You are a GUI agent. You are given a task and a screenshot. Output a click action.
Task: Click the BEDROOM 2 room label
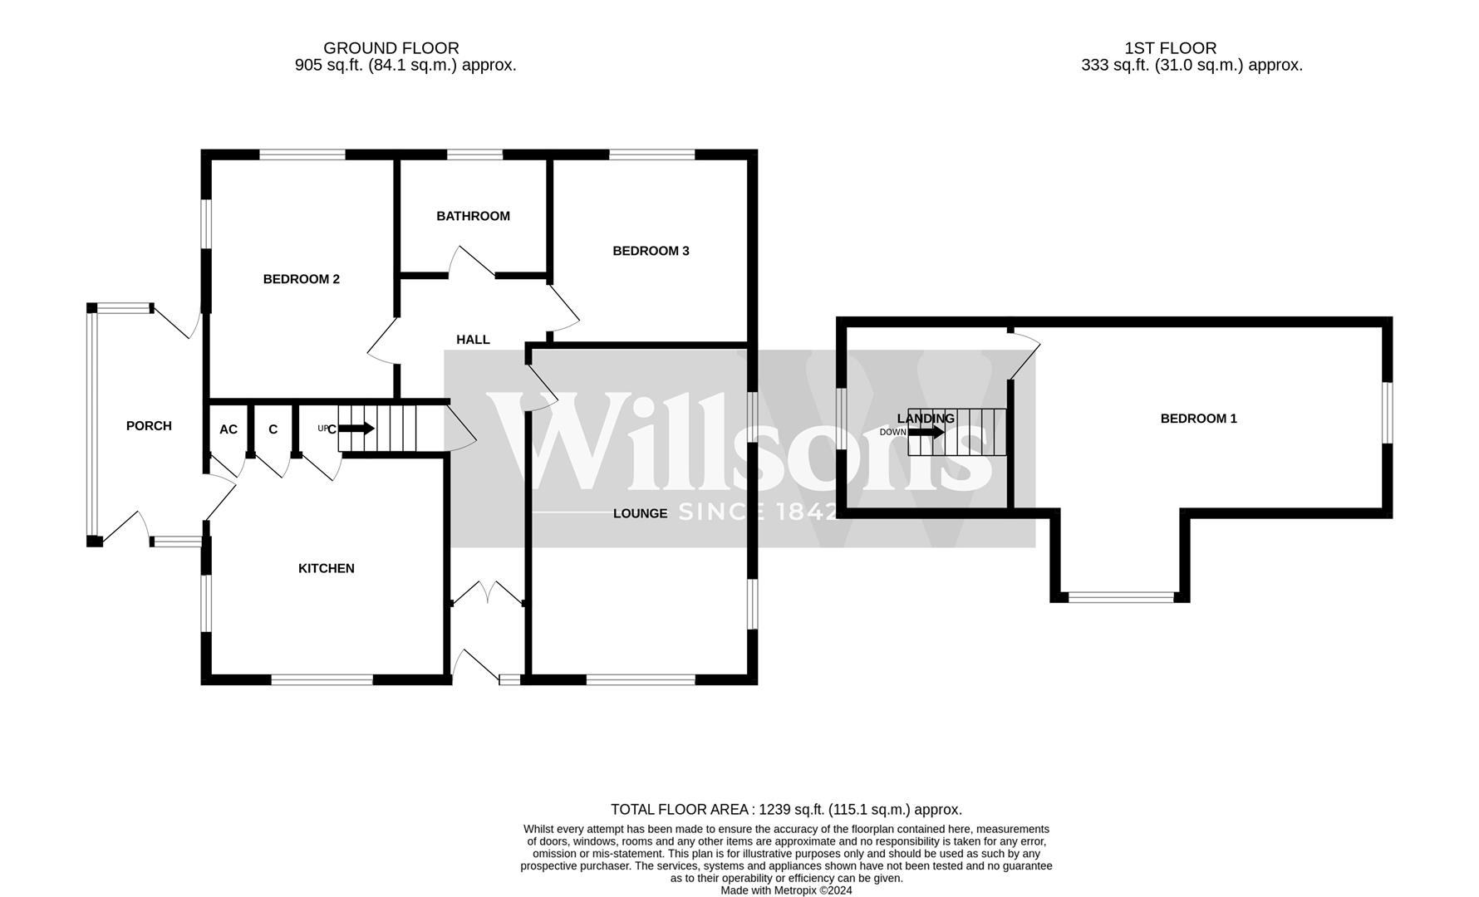301,279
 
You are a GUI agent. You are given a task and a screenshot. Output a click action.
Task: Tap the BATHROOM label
473,216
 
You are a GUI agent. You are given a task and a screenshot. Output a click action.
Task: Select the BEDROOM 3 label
651,251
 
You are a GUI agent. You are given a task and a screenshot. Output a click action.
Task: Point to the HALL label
473,340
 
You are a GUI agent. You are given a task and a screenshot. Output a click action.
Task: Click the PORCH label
149,426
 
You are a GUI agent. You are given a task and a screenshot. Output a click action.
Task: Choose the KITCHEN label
326,568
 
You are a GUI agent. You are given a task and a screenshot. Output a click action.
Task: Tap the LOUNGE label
640,513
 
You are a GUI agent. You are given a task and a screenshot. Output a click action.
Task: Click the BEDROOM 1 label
1198,419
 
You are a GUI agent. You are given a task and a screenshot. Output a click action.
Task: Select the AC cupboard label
228,429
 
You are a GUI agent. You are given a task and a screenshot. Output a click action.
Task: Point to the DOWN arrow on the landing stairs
926,432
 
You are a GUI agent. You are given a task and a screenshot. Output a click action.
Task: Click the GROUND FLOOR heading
391,48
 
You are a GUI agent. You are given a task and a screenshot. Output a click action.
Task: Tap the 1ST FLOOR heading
1170,48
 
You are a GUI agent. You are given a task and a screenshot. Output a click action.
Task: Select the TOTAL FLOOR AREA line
786,809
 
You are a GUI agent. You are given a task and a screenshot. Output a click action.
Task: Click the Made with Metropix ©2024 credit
786,890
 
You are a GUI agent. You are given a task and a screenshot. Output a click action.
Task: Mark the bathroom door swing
470,261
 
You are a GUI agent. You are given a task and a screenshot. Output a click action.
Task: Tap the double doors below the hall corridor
488,593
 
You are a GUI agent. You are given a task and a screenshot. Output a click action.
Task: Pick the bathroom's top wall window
474,154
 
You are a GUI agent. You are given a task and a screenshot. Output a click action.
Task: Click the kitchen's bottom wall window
322,679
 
